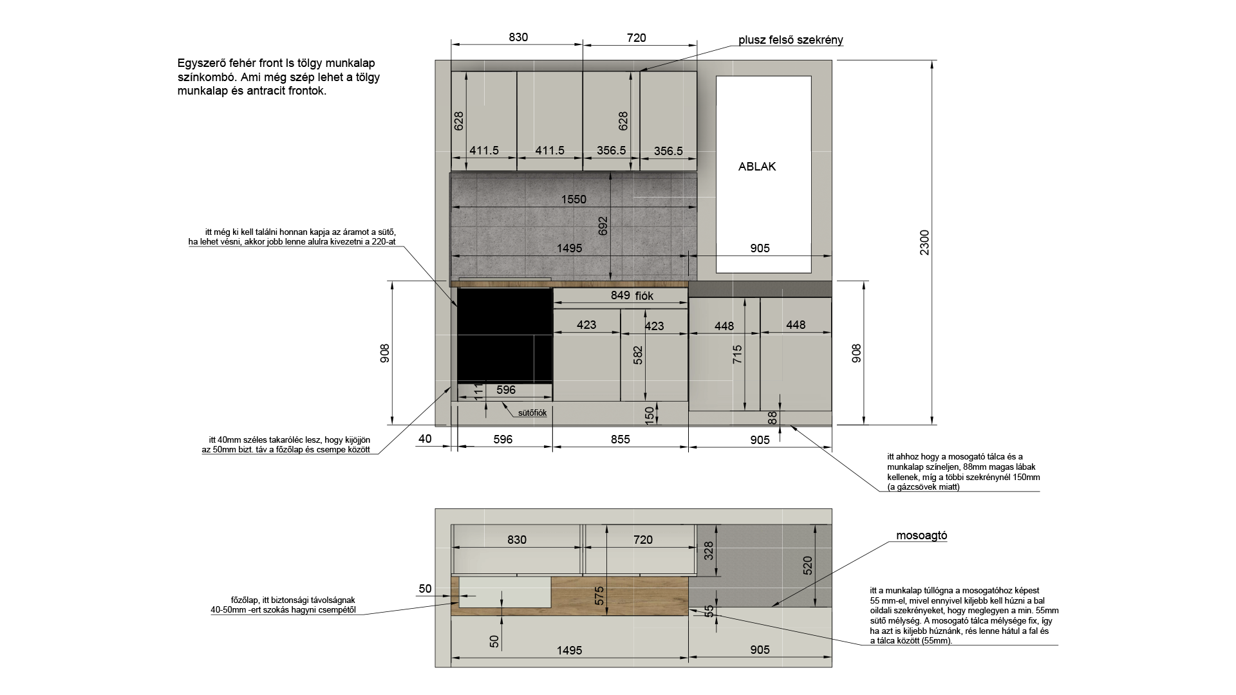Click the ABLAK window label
click(757, 167)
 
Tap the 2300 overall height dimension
click(924, 243)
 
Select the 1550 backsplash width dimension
click(574, 199)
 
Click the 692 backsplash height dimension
click(603, 226)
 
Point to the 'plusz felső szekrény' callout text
click(791, 40)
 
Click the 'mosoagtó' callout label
click(922, 536)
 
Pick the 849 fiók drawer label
click(632, 295)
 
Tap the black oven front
click(505, 335)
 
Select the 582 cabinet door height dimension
click(638, 356)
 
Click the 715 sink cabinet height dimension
click(738, 355)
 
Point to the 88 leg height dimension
click(772, 418)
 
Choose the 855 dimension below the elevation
click(620, 440)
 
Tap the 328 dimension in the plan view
click(709, 550)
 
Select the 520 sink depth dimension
click(808, 565)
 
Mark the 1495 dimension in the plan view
click(570, 651)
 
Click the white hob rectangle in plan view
click(505, 592)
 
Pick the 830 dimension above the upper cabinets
click(518, 37)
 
